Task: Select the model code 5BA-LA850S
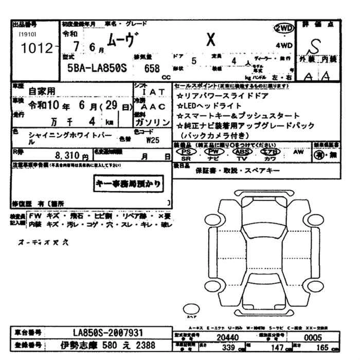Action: click(x=93, y=68)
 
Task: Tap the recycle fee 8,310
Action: click(x=68, y=155)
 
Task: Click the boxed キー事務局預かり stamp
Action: click(x=128, y=183)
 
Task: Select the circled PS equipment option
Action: click(x=189, y=152)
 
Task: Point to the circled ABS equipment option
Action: click(x=240, y=152)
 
